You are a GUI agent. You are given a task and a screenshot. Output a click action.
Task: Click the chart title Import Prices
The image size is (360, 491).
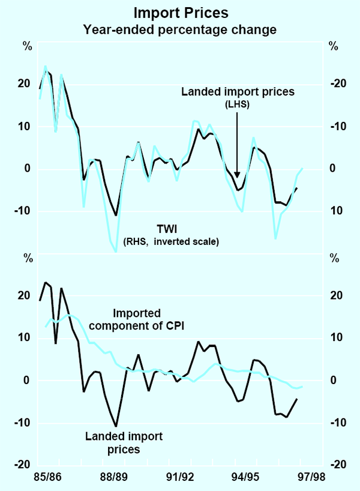(180, 12)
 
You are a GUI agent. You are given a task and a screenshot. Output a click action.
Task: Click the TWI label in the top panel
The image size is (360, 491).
(170, 229)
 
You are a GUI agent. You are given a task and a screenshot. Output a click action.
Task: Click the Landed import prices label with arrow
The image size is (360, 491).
(238, 92)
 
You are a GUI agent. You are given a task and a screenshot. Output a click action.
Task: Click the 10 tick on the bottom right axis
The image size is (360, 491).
(337, 338)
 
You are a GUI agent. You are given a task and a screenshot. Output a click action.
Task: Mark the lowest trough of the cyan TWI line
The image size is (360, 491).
(115, 252)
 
